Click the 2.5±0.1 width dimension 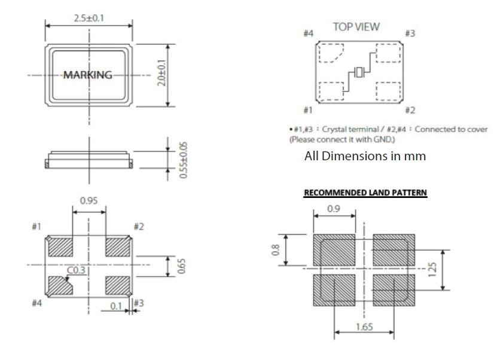(x=89, y=18)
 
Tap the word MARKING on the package (x=88, y=75)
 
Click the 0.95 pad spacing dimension (x=89, y=202)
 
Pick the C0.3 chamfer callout (x=75, y=271)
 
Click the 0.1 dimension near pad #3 (x=116, y=306)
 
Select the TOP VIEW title (x=356, y=27)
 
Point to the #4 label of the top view (x=309, y=33)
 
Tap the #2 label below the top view (x=410, y=110)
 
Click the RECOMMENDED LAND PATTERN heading (x=365, y=193)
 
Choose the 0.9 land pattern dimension (x=336, y=209)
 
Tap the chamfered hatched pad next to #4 (x=59, y=286)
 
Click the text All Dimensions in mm (x=366, y=157)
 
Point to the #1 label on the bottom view (x=35, y=227)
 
